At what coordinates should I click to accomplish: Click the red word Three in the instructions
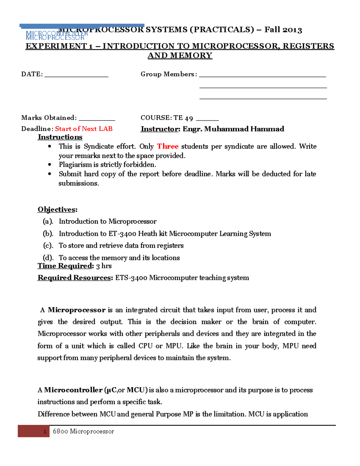[168, 146]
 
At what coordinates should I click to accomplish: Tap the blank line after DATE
[76, 76]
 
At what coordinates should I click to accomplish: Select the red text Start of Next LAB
[84, 129]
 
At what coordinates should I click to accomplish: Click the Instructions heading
[60, 137]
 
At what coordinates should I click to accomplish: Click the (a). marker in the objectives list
[48, 221]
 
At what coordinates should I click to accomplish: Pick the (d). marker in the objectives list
[48, 258]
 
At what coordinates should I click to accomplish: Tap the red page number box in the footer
[34, 431]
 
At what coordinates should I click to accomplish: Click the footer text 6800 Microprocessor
[83, 431]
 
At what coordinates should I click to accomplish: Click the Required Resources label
[75, 278]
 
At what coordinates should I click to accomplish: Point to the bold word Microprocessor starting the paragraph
[76, 310]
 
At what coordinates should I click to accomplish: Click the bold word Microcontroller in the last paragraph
[73, 390]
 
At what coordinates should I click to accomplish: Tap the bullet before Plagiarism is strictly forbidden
[50, 165]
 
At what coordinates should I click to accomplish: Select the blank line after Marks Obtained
[97, 120]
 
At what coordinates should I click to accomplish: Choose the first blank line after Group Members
[262, 76]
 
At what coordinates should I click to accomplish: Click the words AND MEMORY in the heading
[180, 56]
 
